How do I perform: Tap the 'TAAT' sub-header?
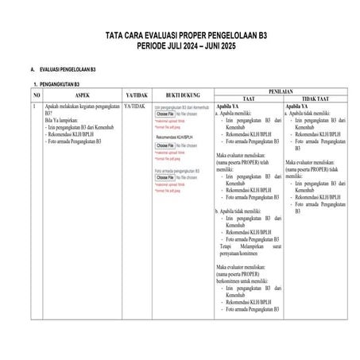coord(247,99)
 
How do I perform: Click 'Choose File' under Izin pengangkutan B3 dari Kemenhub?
coord(165,114)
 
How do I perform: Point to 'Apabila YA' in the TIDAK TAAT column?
coord(297,106)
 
